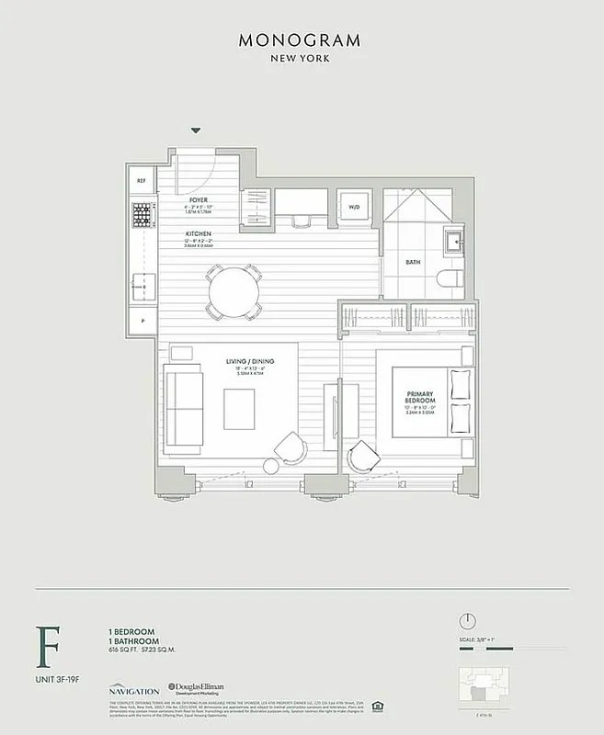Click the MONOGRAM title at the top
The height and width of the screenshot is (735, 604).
pos(300,40)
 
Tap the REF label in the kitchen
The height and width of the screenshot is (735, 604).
pos(142,181)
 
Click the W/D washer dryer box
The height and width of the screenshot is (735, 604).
pos(354,207)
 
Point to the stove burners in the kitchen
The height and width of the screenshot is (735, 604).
pos(142,216)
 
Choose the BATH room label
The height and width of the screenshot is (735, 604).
pos(413,262)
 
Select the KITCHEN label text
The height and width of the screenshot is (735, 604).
pos(199,234)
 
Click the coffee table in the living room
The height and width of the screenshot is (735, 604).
pos(241,408)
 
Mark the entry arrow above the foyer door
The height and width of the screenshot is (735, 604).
pos(196,132)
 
